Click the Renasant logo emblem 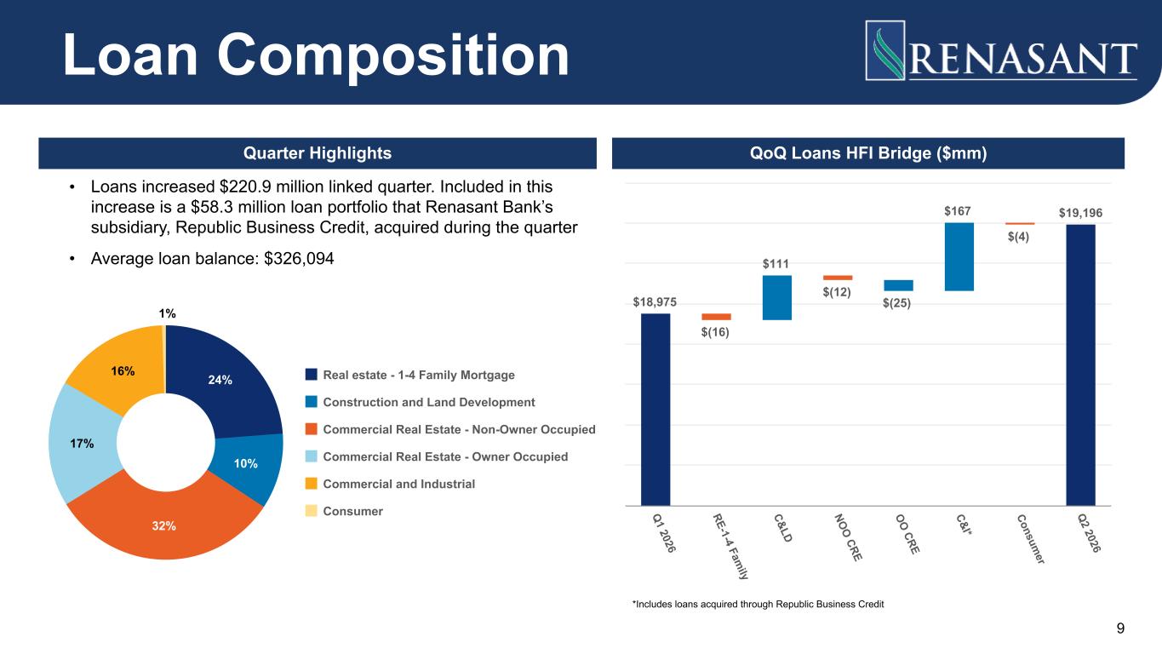(x=885, y=50)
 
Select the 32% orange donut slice (x=164, y=525)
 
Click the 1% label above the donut (x=167, y=313)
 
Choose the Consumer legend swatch (x=311, y=511)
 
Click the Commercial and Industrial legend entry (x=390, y=484)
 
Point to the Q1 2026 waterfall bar (x=655, y=410)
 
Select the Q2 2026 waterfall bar (x=1080, y=364)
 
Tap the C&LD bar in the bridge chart (x=777, y=297)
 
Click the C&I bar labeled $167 (x=959, y=256)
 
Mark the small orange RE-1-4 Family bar (x=717, y=317)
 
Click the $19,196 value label (x=1080, y=213)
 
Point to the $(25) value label (x=897, y=302)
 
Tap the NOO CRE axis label (x=848, y=537)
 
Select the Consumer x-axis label (x=1031, y=539)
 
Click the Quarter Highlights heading (x=318, y=153)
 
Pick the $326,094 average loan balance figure (x=299, y=259)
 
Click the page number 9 (x=1120, y=628)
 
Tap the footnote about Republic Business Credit (x=758, y=604)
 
